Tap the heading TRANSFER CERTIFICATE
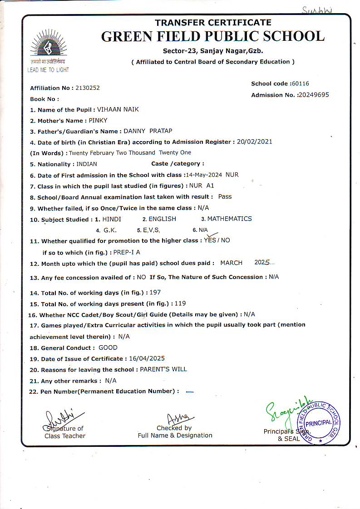pyautogui.click(x=213, y=23)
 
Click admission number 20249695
pyautogui.click(x=313, y=95)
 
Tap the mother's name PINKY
pyautogui.click(x=98, y=120)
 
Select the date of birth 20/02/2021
pyautogui.click(x=255, y=142)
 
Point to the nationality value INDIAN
pyautogui.click(x=87, y=164)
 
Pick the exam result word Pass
pyautogui.click(x=225, y=196)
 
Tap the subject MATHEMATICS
pyautogui.click(x=229, y=219)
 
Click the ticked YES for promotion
pyautogui.click(x=210, y=240)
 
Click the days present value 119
pyautogui.click(x=180, y=303)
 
